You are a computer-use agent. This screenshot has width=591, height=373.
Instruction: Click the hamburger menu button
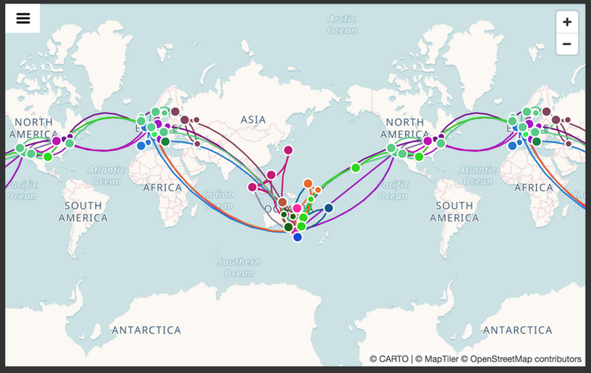(23, 18)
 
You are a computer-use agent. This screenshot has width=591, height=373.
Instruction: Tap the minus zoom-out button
(567, 44)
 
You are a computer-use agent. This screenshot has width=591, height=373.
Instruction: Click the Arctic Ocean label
(342, 24)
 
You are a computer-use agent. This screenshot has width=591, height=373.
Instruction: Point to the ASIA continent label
(253, 120)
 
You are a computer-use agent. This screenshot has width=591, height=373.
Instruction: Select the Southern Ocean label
(239, 267)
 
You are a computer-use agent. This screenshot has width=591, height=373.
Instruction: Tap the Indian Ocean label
(218, 200)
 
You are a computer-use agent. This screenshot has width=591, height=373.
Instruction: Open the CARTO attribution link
(389, 359)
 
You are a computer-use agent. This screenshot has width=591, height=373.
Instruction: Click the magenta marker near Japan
(288, 150)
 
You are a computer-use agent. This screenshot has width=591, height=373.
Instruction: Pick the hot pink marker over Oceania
(297, 208)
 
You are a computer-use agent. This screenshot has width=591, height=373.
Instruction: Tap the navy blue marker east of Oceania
(329, 208)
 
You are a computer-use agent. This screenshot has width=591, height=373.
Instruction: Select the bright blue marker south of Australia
(298, 237)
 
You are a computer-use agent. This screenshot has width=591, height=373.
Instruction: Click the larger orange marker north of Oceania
(308, 184)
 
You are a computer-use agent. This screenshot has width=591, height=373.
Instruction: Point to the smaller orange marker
(318, 190)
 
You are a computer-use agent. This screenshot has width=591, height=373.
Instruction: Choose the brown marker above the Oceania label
(282, 202)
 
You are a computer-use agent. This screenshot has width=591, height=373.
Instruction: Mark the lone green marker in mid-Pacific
(356, 168)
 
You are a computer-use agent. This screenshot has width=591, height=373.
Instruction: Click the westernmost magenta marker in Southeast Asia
(252, 187)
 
